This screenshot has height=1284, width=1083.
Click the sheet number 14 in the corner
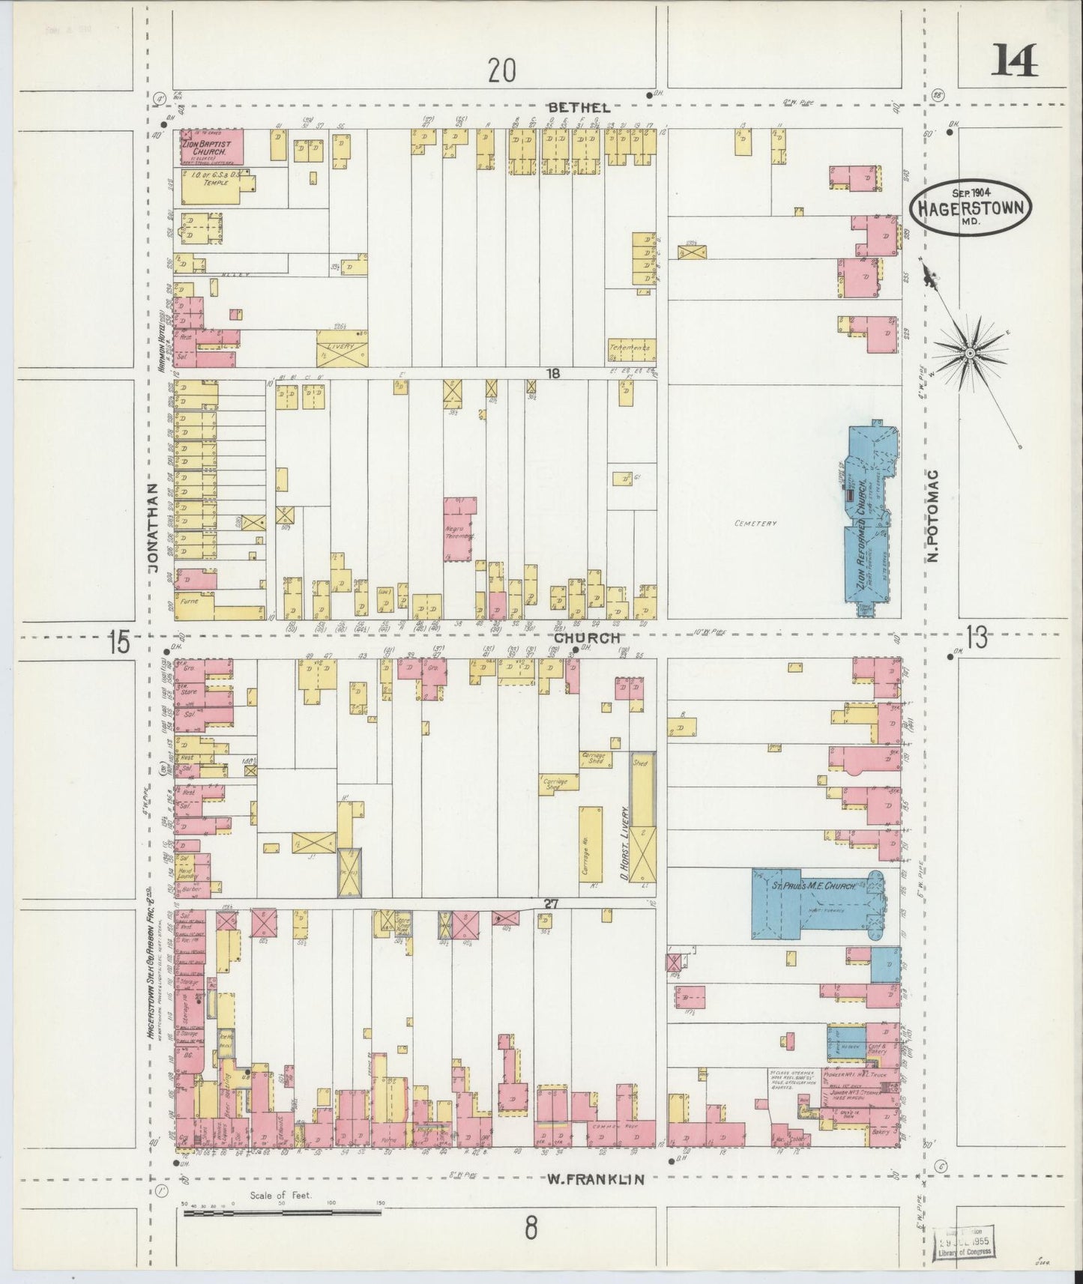(1016, 61)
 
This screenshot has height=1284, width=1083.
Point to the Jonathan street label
(154, 527)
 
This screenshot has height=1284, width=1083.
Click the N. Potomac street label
(932, 511)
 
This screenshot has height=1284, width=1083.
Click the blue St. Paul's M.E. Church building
(813, 903)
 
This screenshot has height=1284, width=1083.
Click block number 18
(552, 373)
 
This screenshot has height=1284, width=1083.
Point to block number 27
(552, 904)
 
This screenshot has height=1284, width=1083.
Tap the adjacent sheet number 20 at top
(501, 70)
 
